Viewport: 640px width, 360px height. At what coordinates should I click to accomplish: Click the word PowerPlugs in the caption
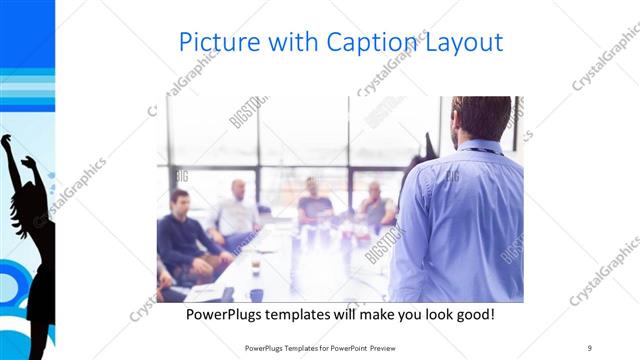click(232, 315)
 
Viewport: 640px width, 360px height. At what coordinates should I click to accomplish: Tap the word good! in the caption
click(470, 315)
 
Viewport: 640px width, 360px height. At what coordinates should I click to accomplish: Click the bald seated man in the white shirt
click(237, 210)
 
